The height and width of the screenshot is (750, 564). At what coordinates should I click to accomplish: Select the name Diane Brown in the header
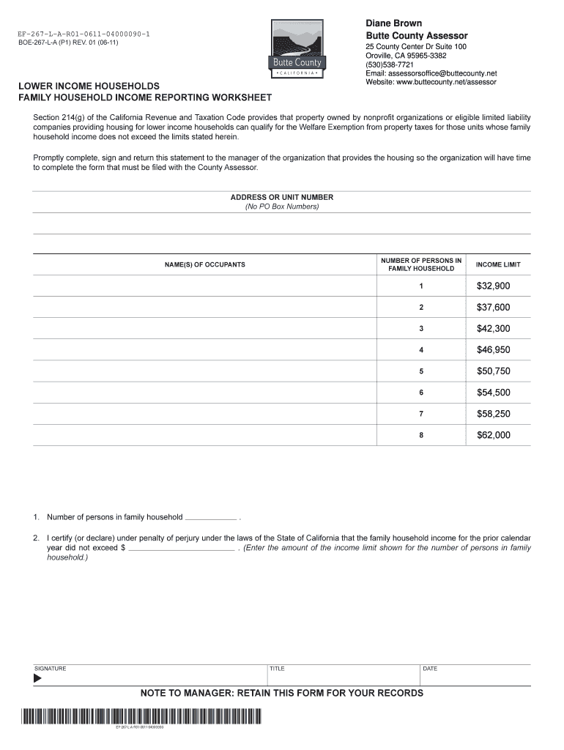click(393, 23)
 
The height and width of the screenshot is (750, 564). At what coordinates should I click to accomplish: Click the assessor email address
click(431, 73)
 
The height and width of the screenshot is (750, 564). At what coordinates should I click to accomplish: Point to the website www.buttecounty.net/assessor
click(431, 82)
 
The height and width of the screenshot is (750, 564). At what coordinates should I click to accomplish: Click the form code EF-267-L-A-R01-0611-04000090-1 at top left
click(84, 34)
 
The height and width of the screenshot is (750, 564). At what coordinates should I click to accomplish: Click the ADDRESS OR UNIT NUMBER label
click(281, 198)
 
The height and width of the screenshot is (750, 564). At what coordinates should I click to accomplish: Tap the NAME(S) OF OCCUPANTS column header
click(204, 264)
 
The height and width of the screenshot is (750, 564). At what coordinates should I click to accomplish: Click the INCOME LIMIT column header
click(498, 264)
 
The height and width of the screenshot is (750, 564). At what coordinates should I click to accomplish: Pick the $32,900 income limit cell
click(493, 286)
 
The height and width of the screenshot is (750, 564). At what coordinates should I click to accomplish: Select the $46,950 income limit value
click(493, 350)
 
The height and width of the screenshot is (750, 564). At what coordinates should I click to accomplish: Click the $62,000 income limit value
click(493, 435)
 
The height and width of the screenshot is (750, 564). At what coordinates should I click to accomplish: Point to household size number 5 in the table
click(421, 371)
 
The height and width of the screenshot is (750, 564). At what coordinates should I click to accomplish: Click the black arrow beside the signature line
click(38, 678)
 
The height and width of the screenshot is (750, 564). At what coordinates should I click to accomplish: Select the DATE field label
click(430, 669)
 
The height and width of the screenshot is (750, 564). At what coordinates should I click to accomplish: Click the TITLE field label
click(278, 669)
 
